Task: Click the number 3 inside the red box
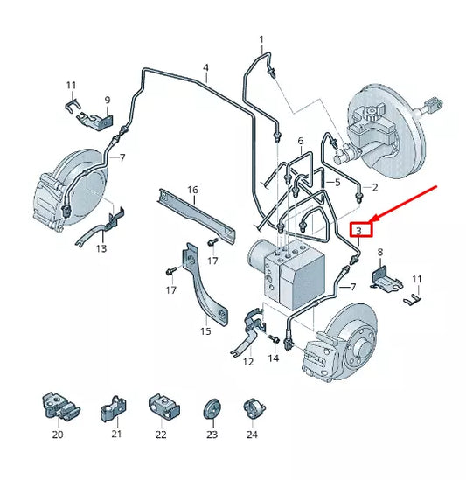(358, 230)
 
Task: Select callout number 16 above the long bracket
(192, 190)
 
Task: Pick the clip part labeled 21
(114, 409)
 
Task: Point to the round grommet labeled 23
(212, 409)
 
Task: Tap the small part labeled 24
(254, 409)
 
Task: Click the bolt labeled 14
(274, 339)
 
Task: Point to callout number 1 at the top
(261, 39)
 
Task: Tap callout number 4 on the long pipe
(205, 67)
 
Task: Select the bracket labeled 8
(386, 279)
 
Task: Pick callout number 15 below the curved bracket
(205, 331)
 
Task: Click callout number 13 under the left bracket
(101, 248)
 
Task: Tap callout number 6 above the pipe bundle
(301, 141)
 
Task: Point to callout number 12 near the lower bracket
(248, 362)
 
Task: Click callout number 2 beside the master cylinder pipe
(375, 187)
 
